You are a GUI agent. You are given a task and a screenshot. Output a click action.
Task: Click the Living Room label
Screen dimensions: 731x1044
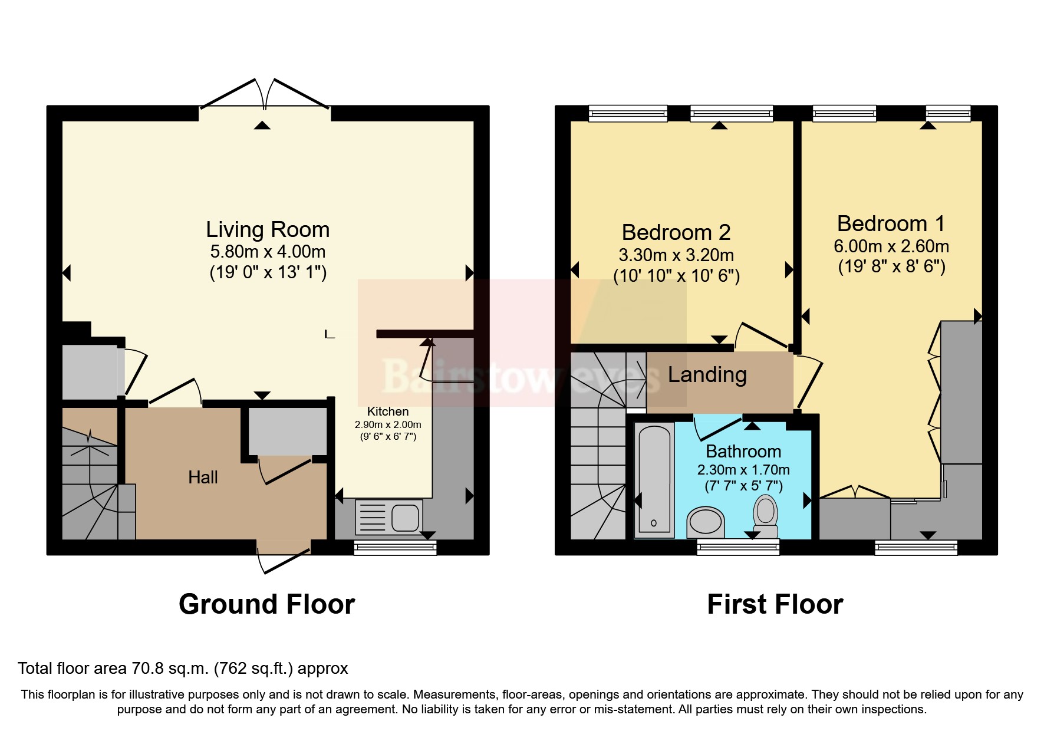pyautogui.click(x=267, y=229)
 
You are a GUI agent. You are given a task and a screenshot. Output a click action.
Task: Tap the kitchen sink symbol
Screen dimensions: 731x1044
pyautogui.click(x=389, y=517)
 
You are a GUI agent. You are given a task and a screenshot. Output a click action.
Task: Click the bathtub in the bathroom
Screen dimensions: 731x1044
pyautogui.click(x=654, y=479)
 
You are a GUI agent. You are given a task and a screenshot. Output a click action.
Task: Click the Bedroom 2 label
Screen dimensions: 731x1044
pyautogui.click(x=676, y=232)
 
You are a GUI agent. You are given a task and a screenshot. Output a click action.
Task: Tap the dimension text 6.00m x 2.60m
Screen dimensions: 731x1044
pyautogui.click(x=891, y=246)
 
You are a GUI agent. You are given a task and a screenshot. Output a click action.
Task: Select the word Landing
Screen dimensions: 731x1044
pyautogui.click(x=707, y=375)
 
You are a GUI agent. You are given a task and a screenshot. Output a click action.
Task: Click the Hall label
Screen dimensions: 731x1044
pyautogui.click(x=203, y=477)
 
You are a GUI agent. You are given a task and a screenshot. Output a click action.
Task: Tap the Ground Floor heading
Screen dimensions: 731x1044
pyautogui.click(x=266, y=604)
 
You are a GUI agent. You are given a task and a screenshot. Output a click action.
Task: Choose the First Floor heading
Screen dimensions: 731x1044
pyautogui.click(x=775, y=604)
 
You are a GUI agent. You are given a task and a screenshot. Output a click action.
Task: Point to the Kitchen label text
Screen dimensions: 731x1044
pyautogui.click(x=387, y=411)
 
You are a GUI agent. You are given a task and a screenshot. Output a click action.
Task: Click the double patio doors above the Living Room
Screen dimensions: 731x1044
pyautogui.click(x=265, y=97)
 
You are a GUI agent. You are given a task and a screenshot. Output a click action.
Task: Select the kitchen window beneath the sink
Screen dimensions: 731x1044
pyautogui.click(x=395, y=548)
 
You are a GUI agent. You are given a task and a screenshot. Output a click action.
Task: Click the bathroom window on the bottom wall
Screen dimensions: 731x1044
pyautogui.click(x=737, y=548)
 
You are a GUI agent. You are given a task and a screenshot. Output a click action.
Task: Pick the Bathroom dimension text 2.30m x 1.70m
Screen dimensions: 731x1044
pyautogui.click(x=743, y=470)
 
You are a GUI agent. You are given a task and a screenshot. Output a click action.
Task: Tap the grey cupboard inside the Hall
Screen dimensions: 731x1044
pyautogui.click(x=287, y=431)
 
